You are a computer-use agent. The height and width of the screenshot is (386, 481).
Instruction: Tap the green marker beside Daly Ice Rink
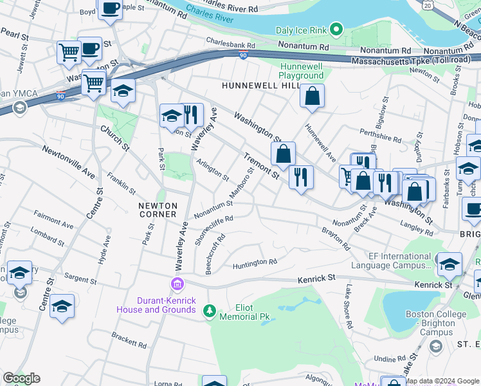point(336,30)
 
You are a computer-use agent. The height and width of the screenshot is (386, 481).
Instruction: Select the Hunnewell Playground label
point(302,71)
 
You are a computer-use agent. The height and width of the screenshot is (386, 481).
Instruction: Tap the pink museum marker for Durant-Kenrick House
point(176,284)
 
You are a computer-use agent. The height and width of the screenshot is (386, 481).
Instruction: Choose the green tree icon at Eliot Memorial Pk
point(209,311)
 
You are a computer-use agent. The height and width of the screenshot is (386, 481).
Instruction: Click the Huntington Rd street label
point(255,262)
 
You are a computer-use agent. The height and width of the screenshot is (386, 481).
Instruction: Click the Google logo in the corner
point(21,378)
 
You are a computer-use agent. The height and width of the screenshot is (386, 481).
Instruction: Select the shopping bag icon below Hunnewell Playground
point(312,96)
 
